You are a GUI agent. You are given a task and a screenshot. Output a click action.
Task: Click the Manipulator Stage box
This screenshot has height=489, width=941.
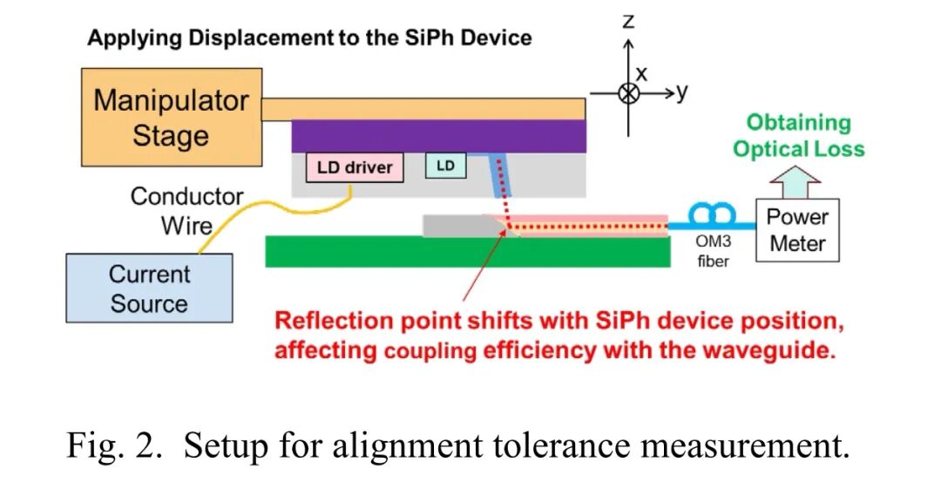(171, 118)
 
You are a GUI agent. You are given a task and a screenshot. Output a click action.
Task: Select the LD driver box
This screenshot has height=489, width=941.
(354, 166)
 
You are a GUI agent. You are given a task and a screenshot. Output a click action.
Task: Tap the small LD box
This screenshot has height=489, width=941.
(445, 166)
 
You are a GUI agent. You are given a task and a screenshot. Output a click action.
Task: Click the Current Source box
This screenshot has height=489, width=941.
(149, 288)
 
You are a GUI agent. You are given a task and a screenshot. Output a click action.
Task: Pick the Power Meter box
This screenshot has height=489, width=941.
(797, 229)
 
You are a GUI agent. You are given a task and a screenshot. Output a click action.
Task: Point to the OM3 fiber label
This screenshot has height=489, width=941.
(713, 251)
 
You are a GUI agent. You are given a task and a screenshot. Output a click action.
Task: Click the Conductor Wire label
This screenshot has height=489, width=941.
(186, 211)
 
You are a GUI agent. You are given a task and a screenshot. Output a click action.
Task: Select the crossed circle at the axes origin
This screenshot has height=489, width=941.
(628, 92)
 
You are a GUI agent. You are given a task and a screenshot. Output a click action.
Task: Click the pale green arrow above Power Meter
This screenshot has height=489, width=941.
(796, 182)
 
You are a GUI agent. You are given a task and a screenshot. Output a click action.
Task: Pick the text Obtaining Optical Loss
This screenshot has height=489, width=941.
(798, 135)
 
